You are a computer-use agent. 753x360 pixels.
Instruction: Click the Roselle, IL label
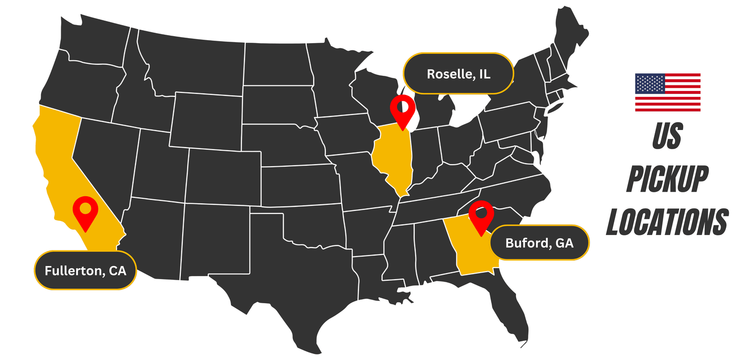tap(458, 74)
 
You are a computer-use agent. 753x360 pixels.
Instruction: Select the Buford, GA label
tap(539, 243)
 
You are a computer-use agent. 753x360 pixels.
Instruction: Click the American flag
tap(668, 92)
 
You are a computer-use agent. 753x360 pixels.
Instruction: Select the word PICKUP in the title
tap(667, 179)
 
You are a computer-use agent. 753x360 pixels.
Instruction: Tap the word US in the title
tap(667, 137)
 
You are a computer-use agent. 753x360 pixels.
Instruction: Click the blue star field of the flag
tap(650, 83)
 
